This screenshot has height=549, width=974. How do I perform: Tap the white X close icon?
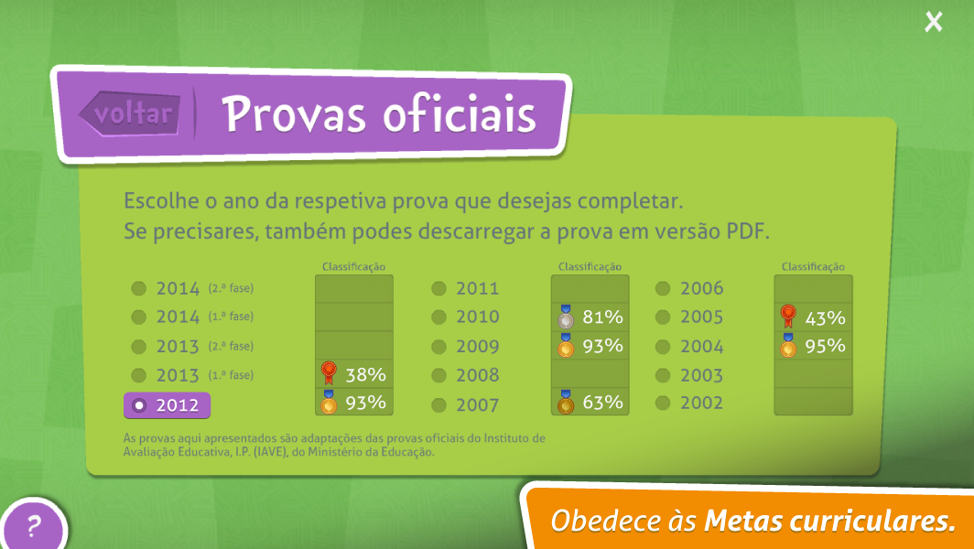click(x=933, y=22)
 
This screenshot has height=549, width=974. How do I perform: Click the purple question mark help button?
click(x=33, y=525)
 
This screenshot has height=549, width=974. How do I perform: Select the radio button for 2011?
click(x=439, y=288)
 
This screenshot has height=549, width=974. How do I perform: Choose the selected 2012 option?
click(x=168, y=405)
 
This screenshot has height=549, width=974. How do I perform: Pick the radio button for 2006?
click(x=663, y=288)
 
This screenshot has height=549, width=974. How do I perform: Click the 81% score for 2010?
click(x=602, y=318)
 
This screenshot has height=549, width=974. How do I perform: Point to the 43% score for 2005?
click(x=825, y=318)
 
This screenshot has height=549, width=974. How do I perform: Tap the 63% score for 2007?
click(x=602, y=403)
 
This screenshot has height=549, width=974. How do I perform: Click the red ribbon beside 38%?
click(x=329, y=372)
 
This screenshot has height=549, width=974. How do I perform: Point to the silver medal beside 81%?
click(x=566, y=317)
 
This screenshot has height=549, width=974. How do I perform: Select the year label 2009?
click(x=478, y=346)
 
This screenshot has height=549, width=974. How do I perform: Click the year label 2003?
click(x=701, y=375)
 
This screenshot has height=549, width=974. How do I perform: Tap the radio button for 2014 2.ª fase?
click(x=138, y=288)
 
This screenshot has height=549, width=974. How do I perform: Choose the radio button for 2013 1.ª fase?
click(x=138, y=375)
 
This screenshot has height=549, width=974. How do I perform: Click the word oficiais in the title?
click(x=459, y=114)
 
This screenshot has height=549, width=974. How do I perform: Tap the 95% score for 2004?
click(x=825, y=346)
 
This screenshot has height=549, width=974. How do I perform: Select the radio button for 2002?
click(x=663, y=403)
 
